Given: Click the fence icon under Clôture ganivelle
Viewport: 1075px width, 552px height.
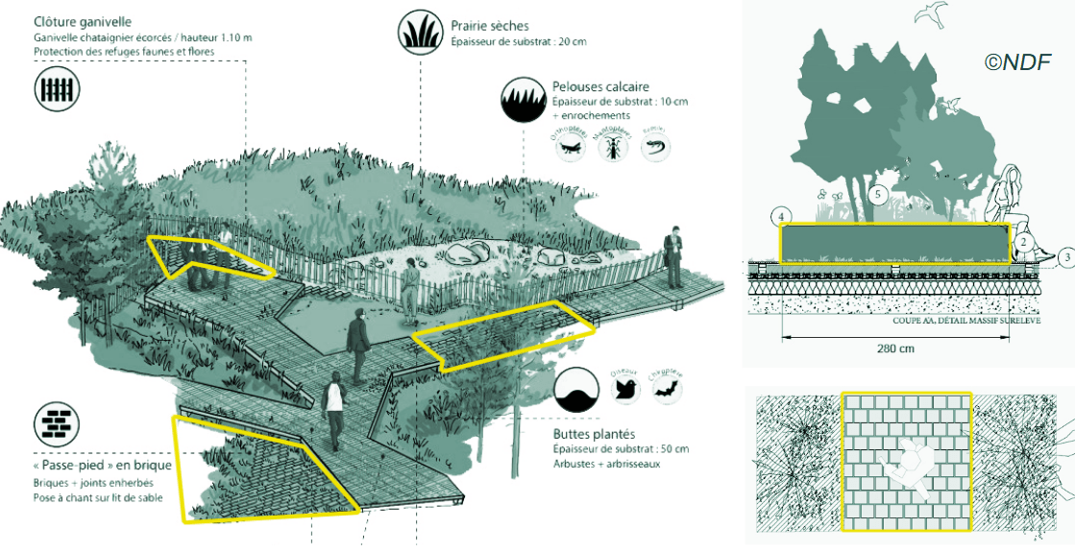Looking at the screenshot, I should click(x=58, y=89).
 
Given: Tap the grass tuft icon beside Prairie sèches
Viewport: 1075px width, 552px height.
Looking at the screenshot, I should click(x=419, y=32).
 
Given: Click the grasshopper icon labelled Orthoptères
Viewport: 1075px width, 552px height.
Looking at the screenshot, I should click(x=569, y=146).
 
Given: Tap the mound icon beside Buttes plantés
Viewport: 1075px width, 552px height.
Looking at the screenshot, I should click(x=576, y=389).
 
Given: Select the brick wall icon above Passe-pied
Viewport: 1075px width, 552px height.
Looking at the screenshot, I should click(x=57, y=421).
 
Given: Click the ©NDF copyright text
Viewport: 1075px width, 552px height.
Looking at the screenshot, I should click(x=1017, y=62).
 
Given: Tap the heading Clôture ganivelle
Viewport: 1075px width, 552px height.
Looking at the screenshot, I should click(x=83, y=21).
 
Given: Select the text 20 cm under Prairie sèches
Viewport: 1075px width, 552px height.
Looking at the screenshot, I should click(x=571, y=41).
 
